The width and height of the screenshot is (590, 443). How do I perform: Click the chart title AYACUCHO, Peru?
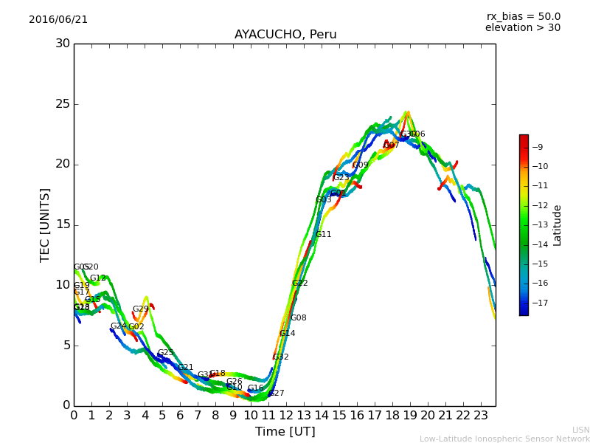(x=285, y=35)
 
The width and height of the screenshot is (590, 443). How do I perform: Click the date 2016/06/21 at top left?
(x=58, y=19)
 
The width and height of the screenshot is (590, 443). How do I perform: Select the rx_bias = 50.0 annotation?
(x=523, y=16)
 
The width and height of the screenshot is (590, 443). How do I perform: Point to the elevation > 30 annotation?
(x=522, y=27)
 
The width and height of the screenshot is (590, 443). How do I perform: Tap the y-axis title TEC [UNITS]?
(x=45, y=224)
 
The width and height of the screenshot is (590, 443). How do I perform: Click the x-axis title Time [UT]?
(x=285, y=432)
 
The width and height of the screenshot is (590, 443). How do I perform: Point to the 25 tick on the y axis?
(x=63, y=104)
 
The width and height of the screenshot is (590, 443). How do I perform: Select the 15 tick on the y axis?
(x=63, y=224)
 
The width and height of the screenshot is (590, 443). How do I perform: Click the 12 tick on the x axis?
(x=286, y=416)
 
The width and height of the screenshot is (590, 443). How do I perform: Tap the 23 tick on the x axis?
(x=481, y=416)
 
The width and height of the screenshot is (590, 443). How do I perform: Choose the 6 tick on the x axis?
(x=180, y=416)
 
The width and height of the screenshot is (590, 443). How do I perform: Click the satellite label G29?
(x=141, y=309)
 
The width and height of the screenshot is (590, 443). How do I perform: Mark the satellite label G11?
(x=324, y=235)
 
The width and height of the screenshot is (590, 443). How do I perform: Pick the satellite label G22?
(x=300, y=284)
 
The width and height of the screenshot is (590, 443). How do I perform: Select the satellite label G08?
(x=299, y=318)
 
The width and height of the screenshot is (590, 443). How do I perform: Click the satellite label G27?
(x=277, y=394)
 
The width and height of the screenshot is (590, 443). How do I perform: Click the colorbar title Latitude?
(x=558, y=224)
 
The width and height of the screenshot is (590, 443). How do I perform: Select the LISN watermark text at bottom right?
(x=580, y=430)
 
